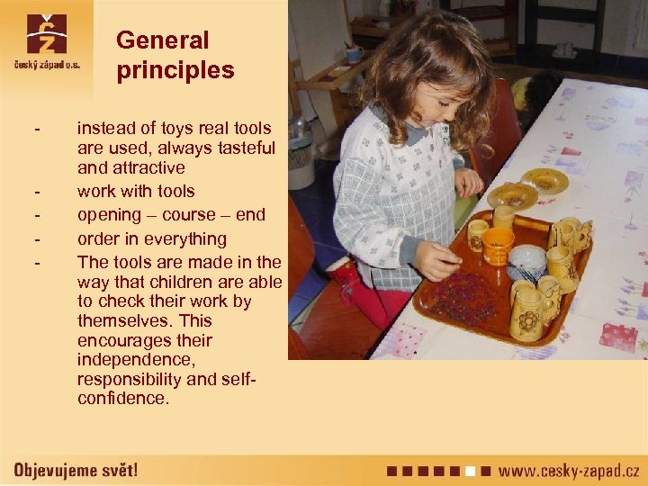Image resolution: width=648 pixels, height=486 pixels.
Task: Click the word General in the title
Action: coord(162,40)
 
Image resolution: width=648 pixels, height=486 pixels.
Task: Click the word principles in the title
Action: coord(175,71)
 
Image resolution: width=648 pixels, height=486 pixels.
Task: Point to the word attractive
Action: coord(148,167)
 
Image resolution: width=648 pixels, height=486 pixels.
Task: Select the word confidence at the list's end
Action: coord(123,398)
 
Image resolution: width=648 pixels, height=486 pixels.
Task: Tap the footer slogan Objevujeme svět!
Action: coord(76,470)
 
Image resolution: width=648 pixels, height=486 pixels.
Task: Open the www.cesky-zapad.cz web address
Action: coord(569,470)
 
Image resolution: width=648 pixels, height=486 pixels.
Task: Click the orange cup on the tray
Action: coord(497,246)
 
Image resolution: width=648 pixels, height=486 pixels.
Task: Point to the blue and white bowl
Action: coord(526,263)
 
